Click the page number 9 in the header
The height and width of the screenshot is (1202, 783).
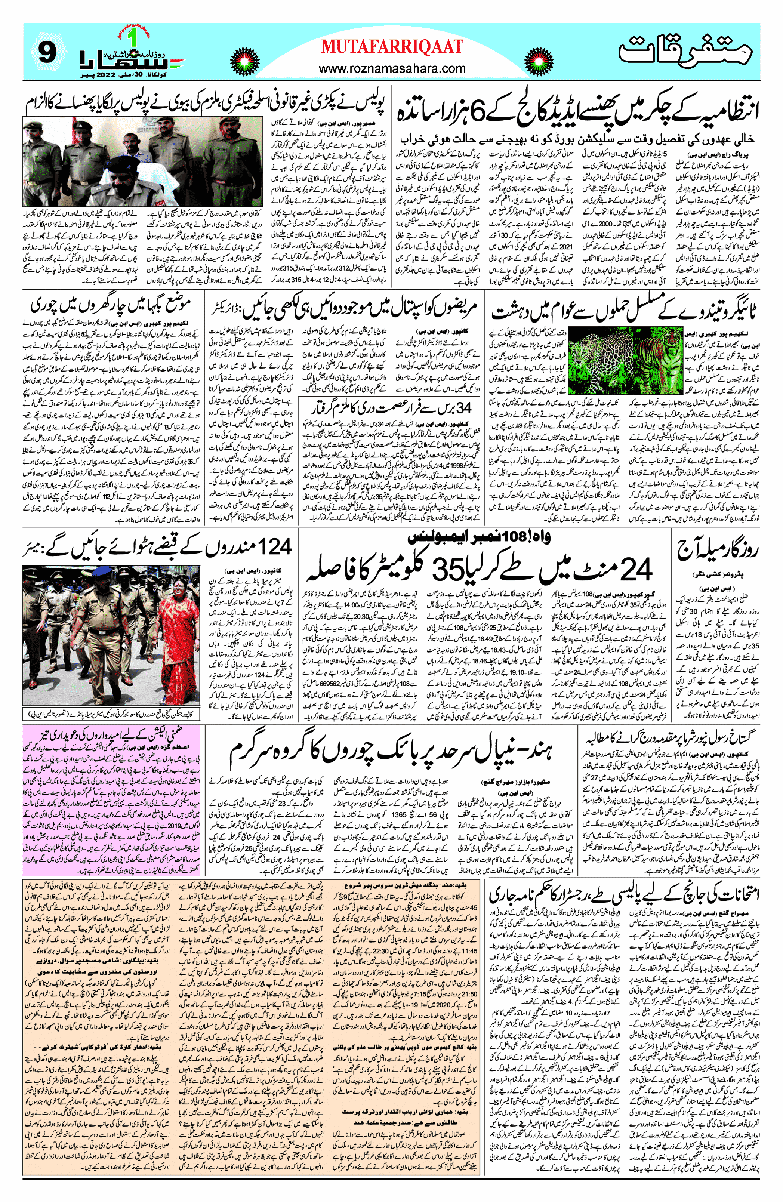46,52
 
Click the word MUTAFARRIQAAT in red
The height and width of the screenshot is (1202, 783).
392,47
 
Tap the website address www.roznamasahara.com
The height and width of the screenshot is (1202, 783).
392,68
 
